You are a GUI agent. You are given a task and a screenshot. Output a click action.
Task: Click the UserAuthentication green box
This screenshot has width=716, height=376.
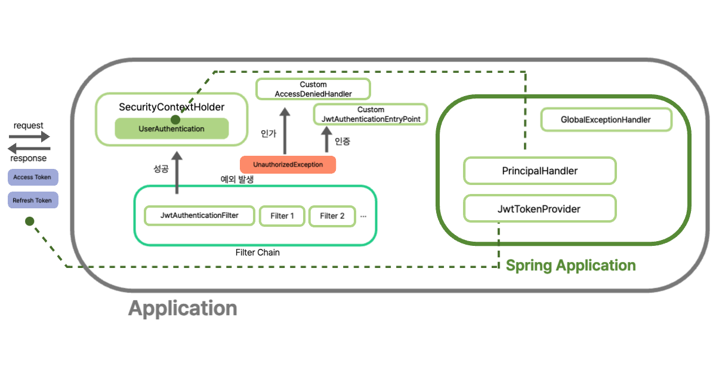tap(171, 129)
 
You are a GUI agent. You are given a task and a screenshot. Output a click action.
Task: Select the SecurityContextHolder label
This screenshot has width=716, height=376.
tap(171, 107)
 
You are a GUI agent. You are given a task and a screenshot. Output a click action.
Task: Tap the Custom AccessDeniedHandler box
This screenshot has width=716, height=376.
tap(313, 89)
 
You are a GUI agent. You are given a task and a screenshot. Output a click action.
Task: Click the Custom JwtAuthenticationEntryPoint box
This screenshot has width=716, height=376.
tap(371, 115)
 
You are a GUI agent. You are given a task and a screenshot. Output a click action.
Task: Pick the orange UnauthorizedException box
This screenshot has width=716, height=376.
tap(288, 165)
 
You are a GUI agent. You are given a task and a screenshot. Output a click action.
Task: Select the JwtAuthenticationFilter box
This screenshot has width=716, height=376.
tap(199, 215)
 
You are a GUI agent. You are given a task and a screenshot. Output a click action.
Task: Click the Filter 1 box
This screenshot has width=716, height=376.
tap(282, 216)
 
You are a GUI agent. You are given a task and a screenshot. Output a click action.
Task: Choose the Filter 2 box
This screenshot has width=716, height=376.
tap(332, 216)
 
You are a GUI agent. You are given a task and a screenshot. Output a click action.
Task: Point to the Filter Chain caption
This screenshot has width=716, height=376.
tap(258, 252)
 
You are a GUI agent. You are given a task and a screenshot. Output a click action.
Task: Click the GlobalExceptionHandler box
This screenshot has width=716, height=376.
tap(606, 120)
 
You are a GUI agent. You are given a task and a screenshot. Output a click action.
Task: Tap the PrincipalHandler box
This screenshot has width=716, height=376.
tap(539, 171)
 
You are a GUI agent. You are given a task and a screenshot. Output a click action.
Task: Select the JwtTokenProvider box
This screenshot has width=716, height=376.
tap(539, 209)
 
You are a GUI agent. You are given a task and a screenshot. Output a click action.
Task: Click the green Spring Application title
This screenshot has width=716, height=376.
tap(570, 266)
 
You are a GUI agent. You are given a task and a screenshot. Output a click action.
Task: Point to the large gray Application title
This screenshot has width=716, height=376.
tap(183, 309)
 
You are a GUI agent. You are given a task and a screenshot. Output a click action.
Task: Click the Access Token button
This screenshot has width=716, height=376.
tap(32, 177)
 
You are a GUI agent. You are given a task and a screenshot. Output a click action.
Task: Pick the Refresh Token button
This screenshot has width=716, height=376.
tap(32, 201)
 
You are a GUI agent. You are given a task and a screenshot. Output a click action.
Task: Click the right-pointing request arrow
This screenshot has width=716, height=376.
tap(29, 137)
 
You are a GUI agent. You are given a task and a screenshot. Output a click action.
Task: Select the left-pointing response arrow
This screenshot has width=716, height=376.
tap(29, 148)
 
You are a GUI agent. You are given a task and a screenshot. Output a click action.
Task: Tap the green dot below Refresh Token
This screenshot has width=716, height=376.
tap(29, 222)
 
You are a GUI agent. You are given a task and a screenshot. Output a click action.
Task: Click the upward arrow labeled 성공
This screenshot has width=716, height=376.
tap(177, 170)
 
